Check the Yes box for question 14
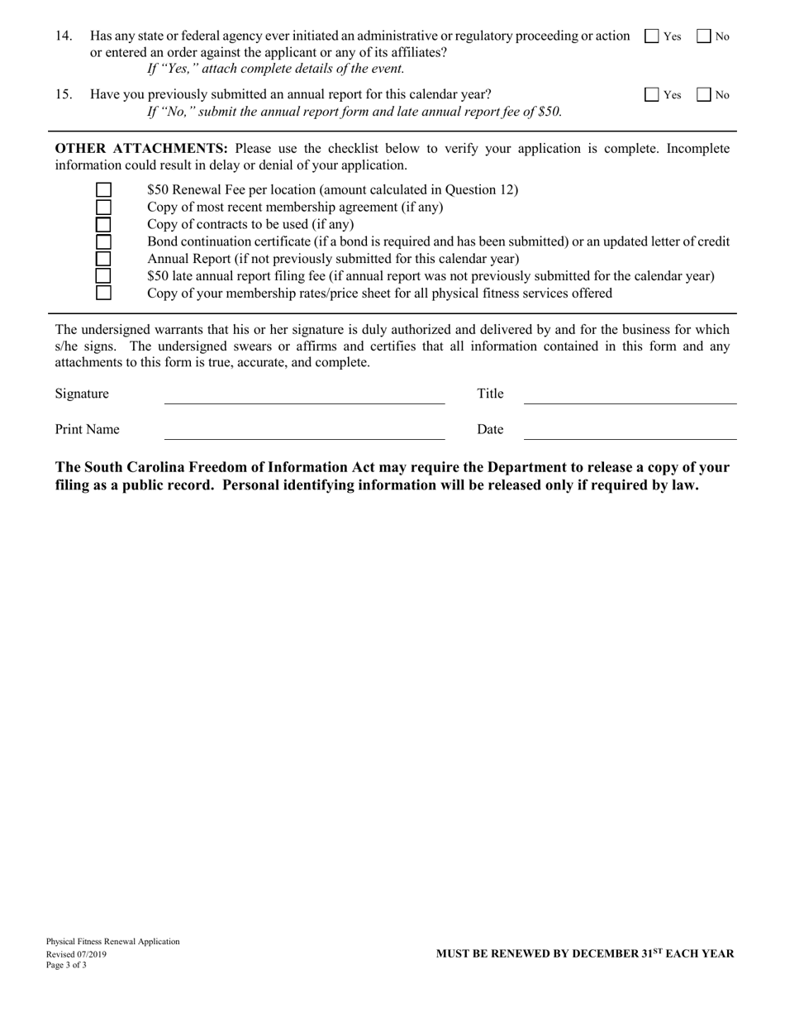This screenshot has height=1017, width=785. [x=651, y=36]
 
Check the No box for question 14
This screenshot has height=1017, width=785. [x=704, y=36]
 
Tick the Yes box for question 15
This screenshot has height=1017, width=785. [x=651, y=95]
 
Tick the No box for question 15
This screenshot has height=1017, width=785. [x=704, y=95]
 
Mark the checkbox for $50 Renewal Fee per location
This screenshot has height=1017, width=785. [x=103, y=190]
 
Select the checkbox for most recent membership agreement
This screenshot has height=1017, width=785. [x=103, y=207]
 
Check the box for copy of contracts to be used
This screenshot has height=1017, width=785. [x=103, y=224]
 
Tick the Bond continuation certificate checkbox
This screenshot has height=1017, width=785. [x=103, y=241]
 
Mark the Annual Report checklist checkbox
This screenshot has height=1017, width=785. [x=103, y=259]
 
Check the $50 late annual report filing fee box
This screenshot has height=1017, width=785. [x=103, y=275]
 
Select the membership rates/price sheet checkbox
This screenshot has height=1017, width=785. [x=103, y=293]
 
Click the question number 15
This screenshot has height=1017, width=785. [x=64, y=94]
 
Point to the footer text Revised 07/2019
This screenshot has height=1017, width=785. [x=76, y=953]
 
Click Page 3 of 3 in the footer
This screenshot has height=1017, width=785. [x=66, y=965]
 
